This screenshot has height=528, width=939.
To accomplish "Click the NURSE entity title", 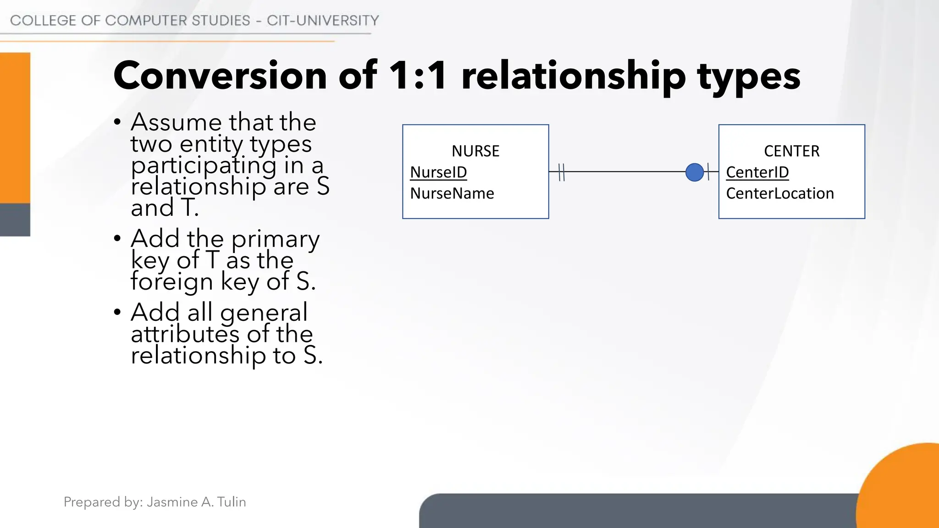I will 475,151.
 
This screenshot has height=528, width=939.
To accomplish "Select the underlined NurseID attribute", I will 438,172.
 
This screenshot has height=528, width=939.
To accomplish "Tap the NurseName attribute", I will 452,193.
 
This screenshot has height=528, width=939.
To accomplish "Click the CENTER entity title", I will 791,151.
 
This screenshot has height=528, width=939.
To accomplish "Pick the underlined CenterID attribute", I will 757,172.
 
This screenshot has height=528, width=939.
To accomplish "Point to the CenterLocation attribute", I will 779,193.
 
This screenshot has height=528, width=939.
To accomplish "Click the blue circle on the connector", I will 694,172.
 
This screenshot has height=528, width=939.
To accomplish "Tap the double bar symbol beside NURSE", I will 562,172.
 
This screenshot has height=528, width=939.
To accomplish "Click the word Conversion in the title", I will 220,76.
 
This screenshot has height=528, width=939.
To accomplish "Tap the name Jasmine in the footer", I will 172,502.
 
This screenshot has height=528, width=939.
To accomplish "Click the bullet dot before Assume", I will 117,122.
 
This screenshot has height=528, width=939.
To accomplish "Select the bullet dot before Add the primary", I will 117,238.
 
